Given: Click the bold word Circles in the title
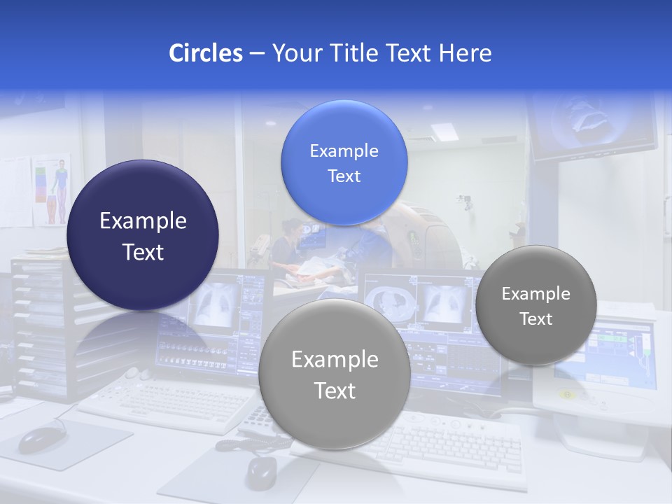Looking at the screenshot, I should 205,53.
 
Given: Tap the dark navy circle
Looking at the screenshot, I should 143,235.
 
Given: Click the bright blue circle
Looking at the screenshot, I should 344,162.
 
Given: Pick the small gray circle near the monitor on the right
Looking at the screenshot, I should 536,305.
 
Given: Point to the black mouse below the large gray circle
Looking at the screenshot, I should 261,472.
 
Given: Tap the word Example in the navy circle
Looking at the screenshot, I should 143,221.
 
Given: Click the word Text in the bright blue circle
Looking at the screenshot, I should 344,176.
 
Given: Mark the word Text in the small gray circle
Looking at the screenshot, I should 536,319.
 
